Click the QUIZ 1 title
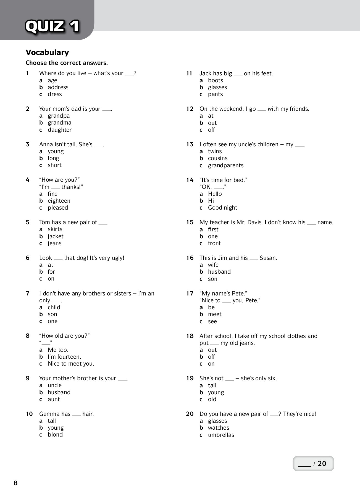(52, 26)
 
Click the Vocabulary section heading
(47, 52)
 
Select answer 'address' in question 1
(58, 87)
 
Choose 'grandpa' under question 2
(59, 116)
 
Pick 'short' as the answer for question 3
(54, 165)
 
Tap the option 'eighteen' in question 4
(59, 201)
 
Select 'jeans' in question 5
(54, 243)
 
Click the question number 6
(28, 258)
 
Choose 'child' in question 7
(54, 307)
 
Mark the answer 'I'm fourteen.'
(64, 357)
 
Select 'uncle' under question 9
(54, 385)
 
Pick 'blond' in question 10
(55, 435)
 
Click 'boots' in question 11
(215, 80)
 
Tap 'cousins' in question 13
(217, 158)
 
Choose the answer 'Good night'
(222, 208)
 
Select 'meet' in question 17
(215, 314)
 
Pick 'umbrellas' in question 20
(221, 435)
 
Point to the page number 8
(15, 483)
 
